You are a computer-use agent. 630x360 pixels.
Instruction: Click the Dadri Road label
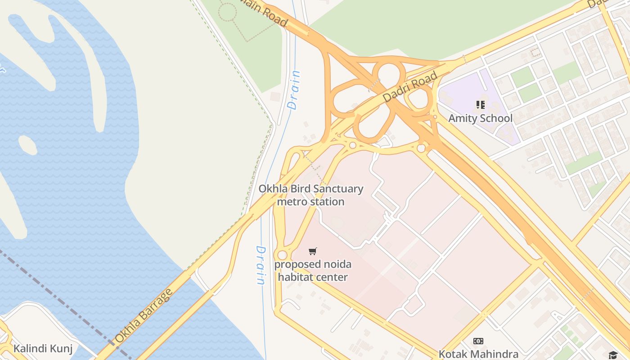pyautogui.click(x=410, y=87)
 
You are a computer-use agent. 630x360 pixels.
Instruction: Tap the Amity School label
pyautogui.click(x=480, y=118)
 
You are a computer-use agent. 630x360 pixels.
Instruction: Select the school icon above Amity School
pyautogui.click(x=480, y=105)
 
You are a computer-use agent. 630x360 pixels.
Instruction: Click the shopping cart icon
pyautogui.click(x=313, y=251)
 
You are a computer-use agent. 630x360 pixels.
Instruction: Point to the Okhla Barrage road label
pyautogui.click(x=143, y=315)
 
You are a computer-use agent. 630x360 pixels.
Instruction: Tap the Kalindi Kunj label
pyautogui.click(x=43, y=348)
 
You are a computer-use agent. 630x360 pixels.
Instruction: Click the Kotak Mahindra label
pyautogui.click(x=478, y=354)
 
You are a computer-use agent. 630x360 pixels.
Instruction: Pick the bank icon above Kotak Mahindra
pyautogui.click(x=478, y=341)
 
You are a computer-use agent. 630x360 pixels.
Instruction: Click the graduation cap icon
pyautogui.click(x=613, y=355)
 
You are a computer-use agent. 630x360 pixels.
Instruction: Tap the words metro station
pyautogui.click(x=310, y=202)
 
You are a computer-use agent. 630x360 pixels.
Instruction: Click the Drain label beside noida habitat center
pyautogui.click(x=260, y=265)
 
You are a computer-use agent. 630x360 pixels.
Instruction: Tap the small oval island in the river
pyautogui.click(x=27, y=145)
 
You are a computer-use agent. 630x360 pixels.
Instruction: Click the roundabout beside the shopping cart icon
pyautogui.click(x=282, y=255)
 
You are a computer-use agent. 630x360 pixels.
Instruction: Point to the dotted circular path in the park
pyautogui.click(x=228, y=12)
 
